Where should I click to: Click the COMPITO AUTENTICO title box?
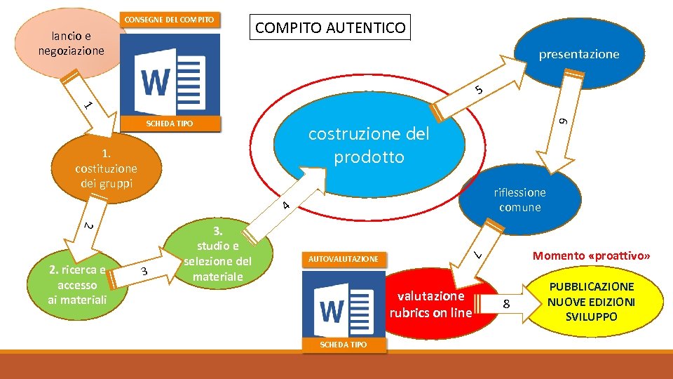tap(330, 28)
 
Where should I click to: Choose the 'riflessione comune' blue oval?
tap(519, 199)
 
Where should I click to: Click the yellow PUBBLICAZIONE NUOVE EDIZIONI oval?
tap(591, 302)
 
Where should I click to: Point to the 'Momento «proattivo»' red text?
tap(592, 256)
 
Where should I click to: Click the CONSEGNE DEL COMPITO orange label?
tap(170, 20)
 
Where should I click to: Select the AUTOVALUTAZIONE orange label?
tap(344, 259)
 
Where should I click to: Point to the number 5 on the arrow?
tap(477, 90)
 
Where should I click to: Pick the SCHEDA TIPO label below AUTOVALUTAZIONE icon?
tap(344, 345)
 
